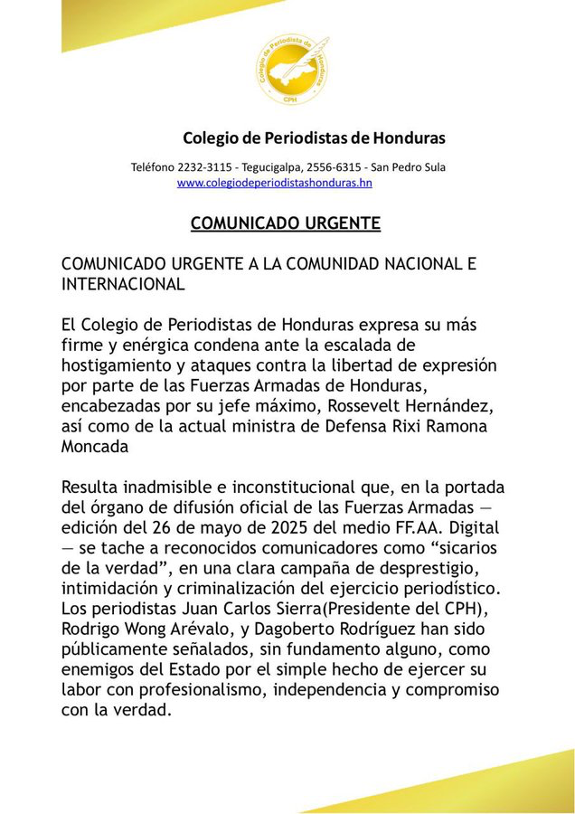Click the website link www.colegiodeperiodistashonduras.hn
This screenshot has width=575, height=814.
[274, 184]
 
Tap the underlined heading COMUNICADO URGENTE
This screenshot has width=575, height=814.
[285, 223]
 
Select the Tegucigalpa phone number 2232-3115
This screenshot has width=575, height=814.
[206, 167]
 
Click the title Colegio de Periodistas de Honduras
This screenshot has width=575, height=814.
[314, 138]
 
